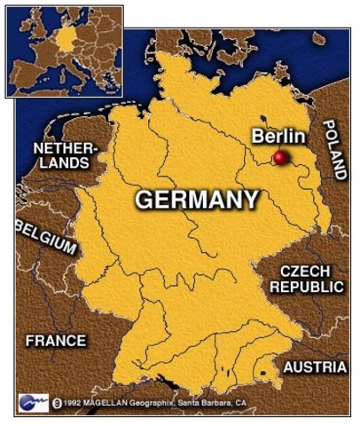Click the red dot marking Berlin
click(x=280, y=158)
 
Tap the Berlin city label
click(x=278, y=136)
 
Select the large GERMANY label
click(x=197, y=200)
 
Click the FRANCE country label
click(x=56, y=340)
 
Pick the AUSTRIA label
click(x=315, y=367)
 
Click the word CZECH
click(x=305, y=271)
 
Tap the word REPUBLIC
click(x=307, y=287)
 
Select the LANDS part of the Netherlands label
click(x=63, y=163)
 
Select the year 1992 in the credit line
click(x=76, y=403)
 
